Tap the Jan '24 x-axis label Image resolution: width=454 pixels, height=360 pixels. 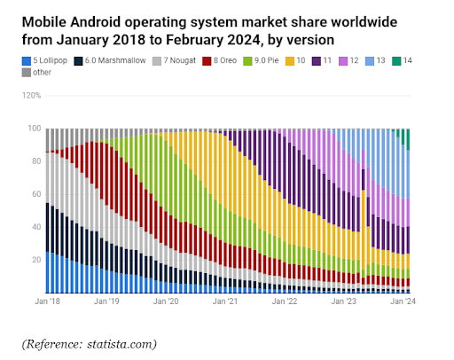(x=404, y=301)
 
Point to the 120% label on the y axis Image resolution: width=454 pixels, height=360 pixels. (x=31, y=95)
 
